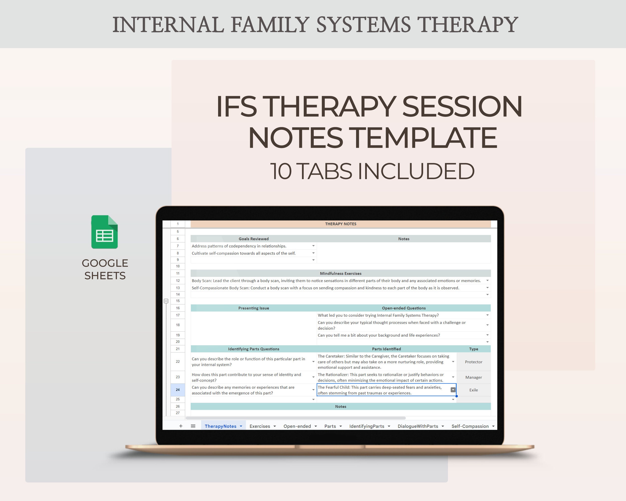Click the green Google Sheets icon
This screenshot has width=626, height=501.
coord(104,232)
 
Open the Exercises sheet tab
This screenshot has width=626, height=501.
coord(260,426)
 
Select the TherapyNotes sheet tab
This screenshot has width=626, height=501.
coord(220,426)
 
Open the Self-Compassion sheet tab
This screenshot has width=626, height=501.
coord(470,426)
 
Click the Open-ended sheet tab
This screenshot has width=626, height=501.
coord(297,426)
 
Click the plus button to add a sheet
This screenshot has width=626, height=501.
coord(181,426)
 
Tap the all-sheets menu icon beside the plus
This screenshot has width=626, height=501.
coord(193,426)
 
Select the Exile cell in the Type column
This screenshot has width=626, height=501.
coord(473,390)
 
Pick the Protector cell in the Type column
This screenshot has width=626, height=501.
coord(473,362)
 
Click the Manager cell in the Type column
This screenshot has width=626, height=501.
coord(473,377)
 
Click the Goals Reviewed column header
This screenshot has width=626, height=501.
coord(253,239)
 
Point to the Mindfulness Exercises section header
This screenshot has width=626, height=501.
coord(340,273)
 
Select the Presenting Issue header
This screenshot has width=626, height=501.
coord(253,308)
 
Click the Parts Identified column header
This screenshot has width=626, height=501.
coord(386,349)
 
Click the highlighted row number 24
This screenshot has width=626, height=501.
coord(178,390)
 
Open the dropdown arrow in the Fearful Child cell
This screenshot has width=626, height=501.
coord(453,390)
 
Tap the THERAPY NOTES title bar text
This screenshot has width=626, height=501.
coord(340,224)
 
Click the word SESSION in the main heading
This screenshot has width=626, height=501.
coord(462,107)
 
